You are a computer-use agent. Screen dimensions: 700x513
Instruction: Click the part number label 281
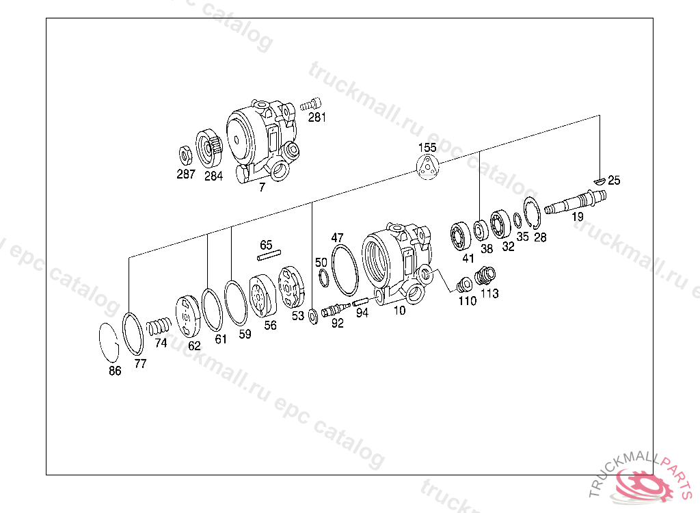[317, 118]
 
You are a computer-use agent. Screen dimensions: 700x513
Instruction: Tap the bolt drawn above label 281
[311, 105]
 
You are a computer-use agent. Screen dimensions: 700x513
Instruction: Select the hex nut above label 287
[185, 155]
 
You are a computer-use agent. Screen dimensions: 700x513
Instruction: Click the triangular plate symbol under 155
[428, 167]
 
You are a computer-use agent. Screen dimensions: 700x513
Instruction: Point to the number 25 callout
[615, 180]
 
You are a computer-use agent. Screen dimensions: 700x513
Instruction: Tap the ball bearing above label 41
[460, 236]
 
